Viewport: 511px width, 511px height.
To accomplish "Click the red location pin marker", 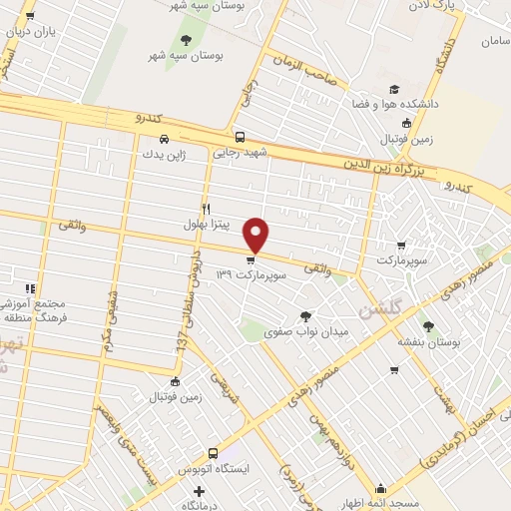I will point(257,234).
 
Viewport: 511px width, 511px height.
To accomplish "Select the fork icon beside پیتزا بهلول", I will point(206,209).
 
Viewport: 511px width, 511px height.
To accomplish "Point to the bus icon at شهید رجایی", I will point(239,138).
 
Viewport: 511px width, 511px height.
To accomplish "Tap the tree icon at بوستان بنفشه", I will point(428,326).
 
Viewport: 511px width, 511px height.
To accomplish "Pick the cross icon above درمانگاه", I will point(200,491).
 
